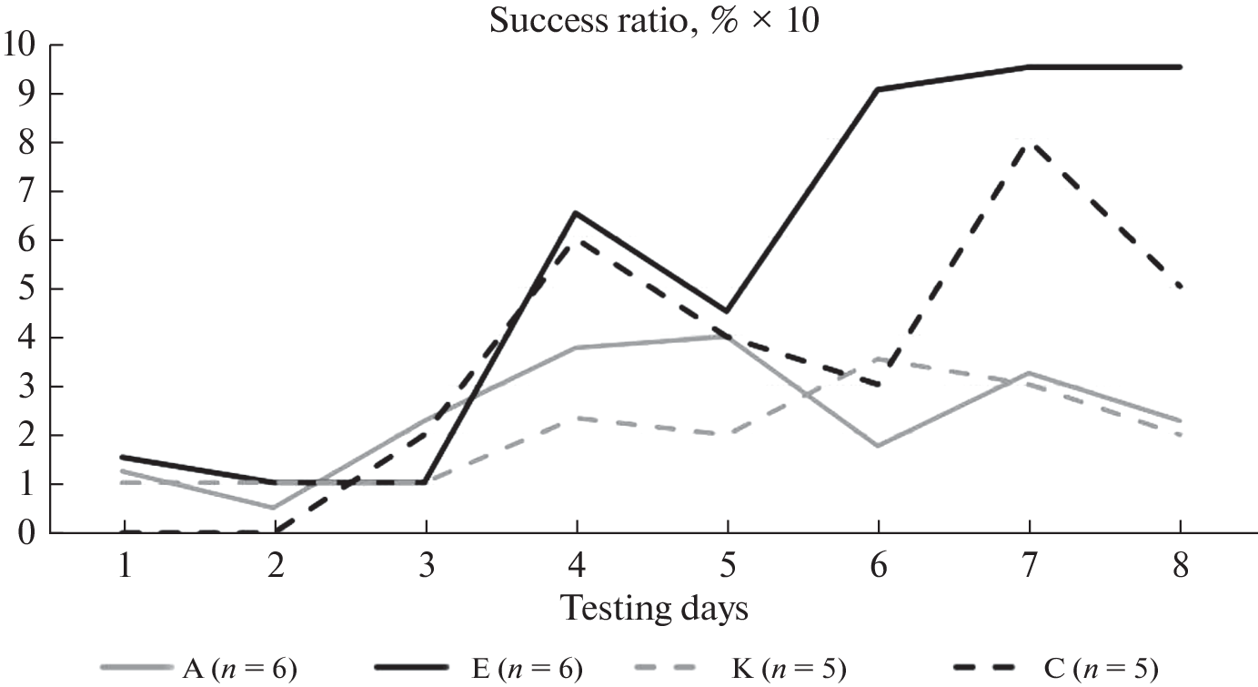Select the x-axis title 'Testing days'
tap(654, 607)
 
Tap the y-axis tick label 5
tap(31, 288)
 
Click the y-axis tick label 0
tap(31, 532)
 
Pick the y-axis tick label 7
tap(31, 191)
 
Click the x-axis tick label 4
tap(577, 568)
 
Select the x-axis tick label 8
tap(1181, 568)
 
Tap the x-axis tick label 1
tap(124, 568)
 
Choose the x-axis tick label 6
tap(879, 568)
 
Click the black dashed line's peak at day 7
tap(1030, 143)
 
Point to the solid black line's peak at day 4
tap(577, 213)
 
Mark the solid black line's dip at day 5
tap(728, 312)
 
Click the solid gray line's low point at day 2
tap(275, 508)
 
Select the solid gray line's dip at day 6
tap(879, 446)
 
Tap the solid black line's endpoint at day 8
tap(1181, 67)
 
